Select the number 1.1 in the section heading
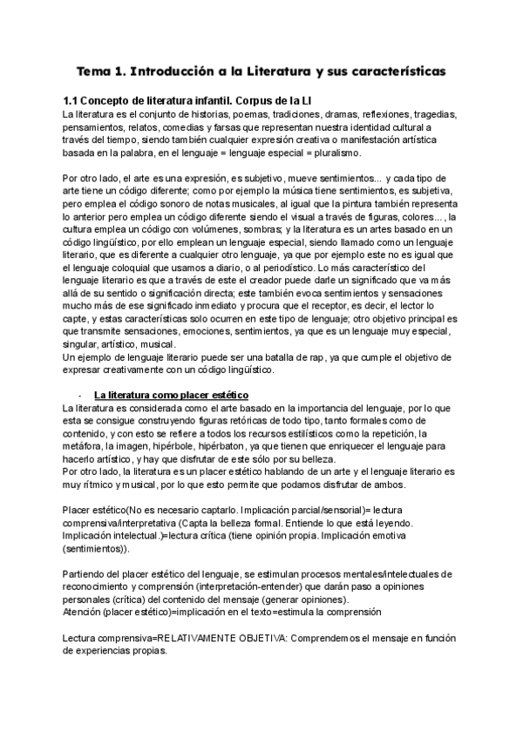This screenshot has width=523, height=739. click(74, 100)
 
